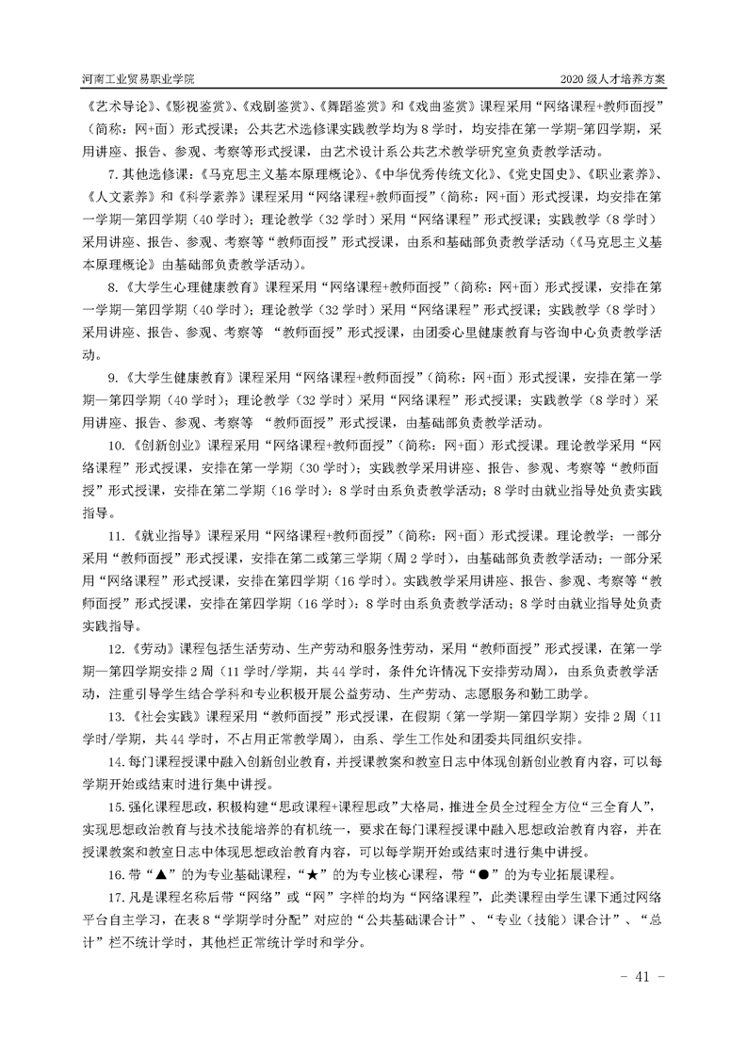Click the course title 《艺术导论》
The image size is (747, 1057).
(112, 107)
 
